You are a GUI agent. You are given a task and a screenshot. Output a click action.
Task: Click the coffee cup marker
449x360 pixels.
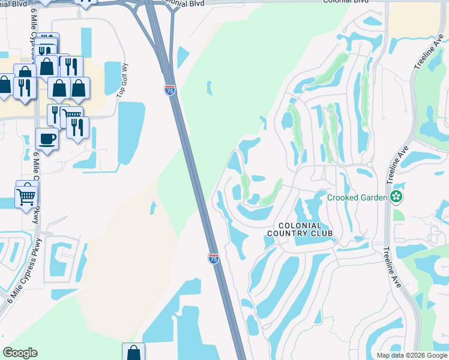coord(47,139)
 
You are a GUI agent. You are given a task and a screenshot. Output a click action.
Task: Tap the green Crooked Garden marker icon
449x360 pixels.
coord(396,197)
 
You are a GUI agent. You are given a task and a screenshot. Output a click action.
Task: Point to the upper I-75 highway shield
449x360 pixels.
coord(170,90)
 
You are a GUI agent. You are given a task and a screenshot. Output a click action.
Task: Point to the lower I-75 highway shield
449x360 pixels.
coord(213,258)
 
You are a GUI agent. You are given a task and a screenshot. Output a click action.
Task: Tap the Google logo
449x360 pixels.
coord(20,353)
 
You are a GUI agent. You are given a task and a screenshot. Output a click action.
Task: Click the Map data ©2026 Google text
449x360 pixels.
coord(411,355)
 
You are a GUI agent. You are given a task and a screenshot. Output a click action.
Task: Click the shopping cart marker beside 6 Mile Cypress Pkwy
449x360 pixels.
coord(26,196)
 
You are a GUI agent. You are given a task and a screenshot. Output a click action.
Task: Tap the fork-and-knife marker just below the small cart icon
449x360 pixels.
coord(78,127)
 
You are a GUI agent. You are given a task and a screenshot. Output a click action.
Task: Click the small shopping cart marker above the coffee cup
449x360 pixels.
coord(73,115)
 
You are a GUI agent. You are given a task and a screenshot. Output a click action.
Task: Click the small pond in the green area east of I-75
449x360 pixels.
coord(209,88)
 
